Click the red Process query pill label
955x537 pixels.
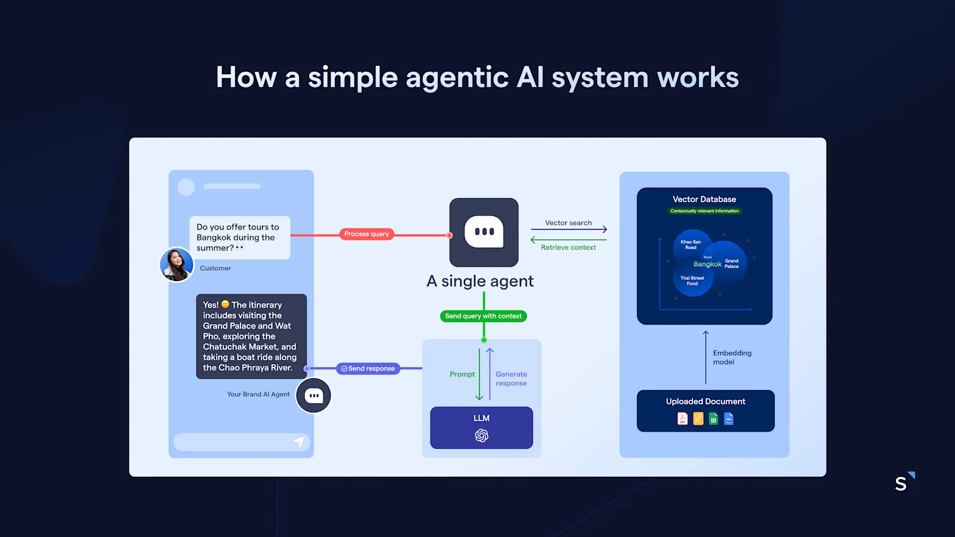[x=366, y=234]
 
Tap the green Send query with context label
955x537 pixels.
[x=483, y=316]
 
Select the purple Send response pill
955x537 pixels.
[x=368, y=369]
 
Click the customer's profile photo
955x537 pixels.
[x=177, y=264]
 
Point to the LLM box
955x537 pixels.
[x=481, y=427]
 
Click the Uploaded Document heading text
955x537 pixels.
[x=706, y=402]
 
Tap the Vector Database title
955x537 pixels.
[x=704, y=199]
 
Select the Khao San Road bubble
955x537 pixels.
[x=691, y=245]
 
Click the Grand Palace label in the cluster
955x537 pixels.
[x=732, y=263]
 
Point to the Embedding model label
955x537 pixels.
[x=732, y=357]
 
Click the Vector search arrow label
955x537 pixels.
[x=568, y=223]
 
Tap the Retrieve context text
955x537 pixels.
[x=568, y=248]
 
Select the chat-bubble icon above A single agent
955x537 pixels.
[x=484, y=232]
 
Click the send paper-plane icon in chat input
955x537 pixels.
[x=299, y=442]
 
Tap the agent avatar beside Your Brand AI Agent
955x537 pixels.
[x=314, y=396]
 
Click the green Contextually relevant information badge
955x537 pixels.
[x=704, y=211]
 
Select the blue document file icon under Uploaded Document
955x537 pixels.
[x=729, y=419]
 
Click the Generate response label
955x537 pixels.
[x=512, y=379]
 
